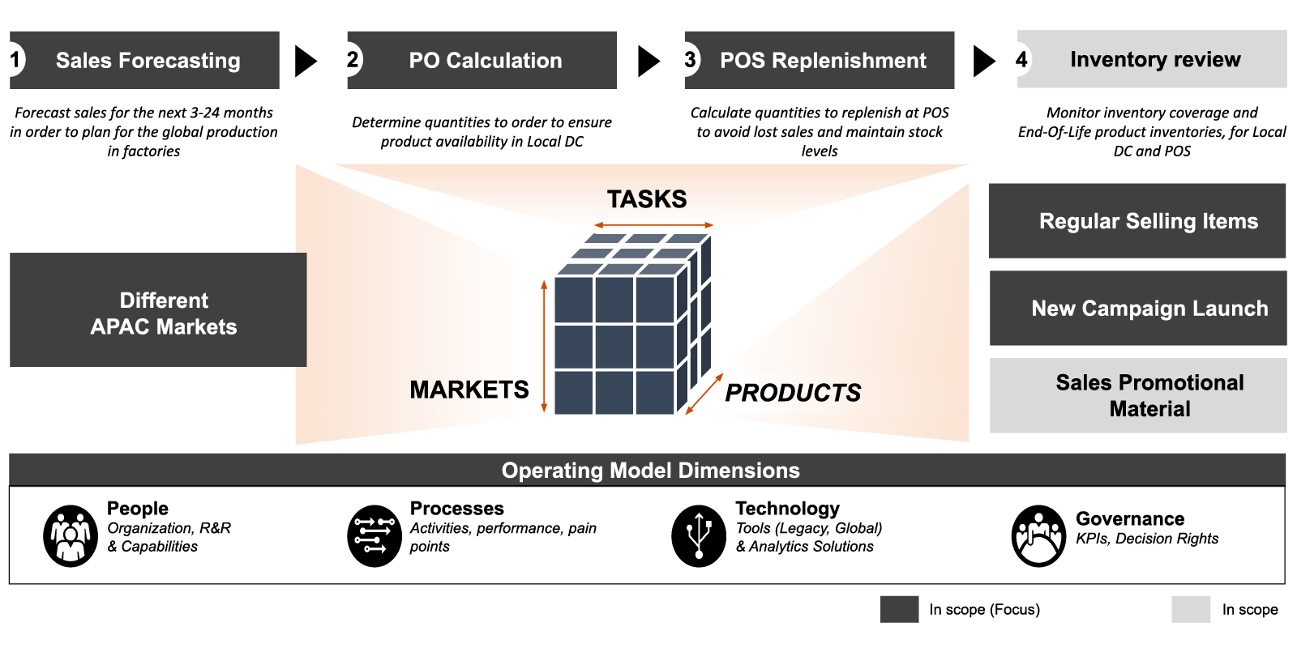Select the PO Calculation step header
coord(485,61)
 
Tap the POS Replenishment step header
coord(822,61)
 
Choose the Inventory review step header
coord(1154,60)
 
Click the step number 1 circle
coord(15,60)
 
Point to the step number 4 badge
coord(1022,59)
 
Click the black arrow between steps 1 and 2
coord(306,61)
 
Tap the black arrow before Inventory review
coord(983,61)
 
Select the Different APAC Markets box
coord(158,310)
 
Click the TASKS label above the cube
coord(647,199)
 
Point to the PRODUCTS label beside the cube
coord(793,393)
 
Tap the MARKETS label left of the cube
coord(469,390)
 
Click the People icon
coord(71,536)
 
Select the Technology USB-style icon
coord(699,536)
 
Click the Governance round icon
coord(1038,536)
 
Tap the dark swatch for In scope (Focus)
coord(899,609)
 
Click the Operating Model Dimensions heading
coord(650,471)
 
